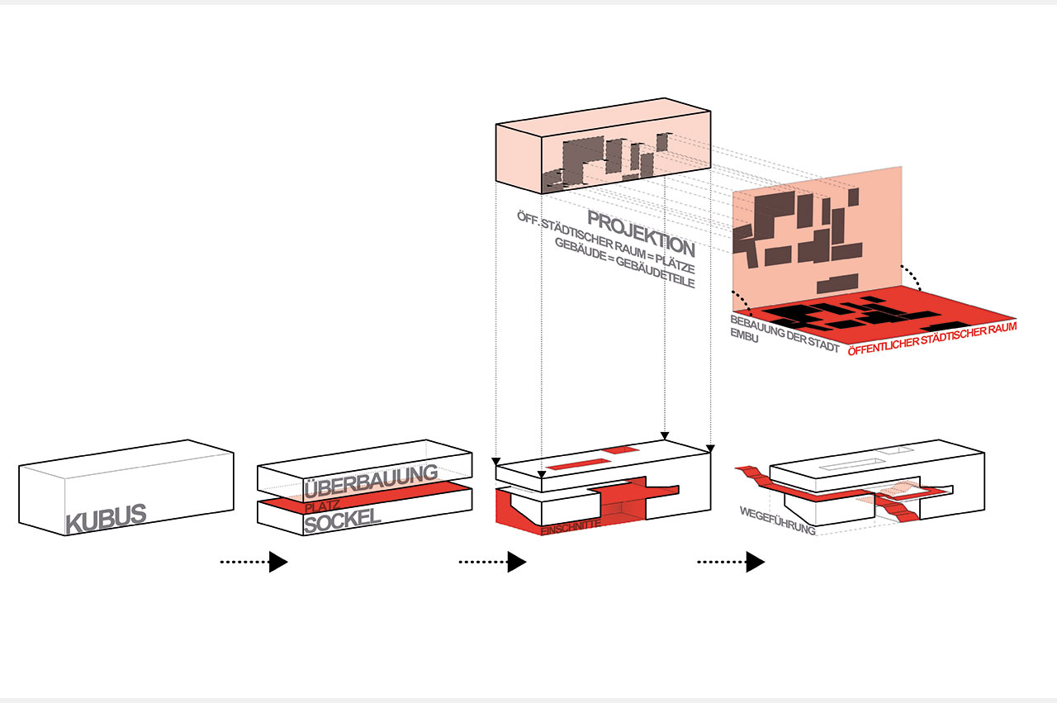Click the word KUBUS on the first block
(x=106, y=519)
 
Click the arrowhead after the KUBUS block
(x=277, y=563)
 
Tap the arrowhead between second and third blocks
(x=516, y=563)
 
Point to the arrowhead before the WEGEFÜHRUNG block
(x=755, y=563)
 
